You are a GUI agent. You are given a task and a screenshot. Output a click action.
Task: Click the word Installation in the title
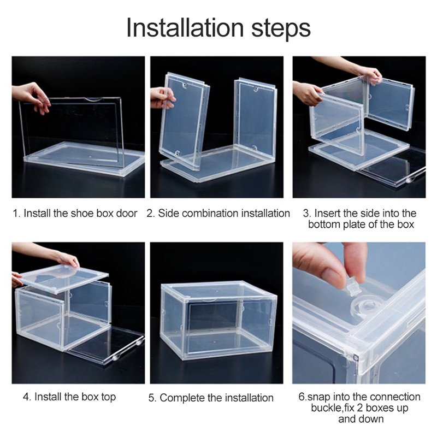(185, 27)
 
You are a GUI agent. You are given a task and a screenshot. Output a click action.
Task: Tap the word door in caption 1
(127, 213)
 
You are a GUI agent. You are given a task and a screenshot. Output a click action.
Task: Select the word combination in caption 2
(210, 213)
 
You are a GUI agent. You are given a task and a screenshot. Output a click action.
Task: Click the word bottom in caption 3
(324, 224)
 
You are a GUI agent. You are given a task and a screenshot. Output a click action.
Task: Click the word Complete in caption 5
(182, 398)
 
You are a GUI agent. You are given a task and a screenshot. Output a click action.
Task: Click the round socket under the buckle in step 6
(365, 306)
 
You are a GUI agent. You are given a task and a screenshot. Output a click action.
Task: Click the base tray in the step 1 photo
(84, 159)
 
